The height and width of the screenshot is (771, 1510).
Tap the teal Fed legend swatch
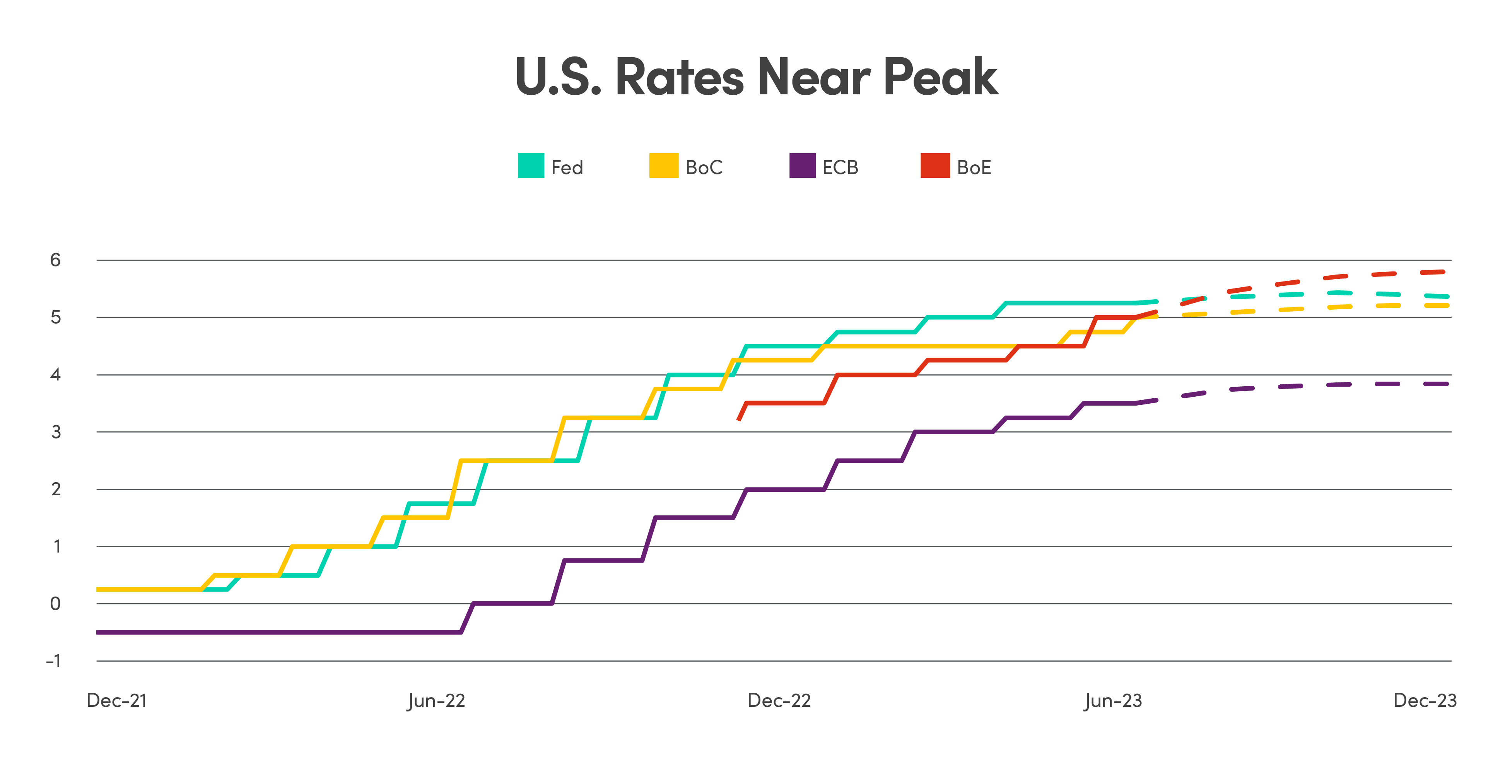click(x=531, y=166)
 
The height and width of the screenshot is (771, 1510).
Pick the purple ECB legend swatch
click(x=802, y=166)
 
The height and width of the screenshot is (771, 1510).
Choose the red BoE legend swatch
click(x=934, y=166)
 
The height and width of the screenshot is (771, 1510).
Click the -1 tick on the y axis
click(x=53, y=661)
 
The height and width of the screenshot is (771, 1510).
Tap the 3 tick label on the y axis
click(x=56, y=432)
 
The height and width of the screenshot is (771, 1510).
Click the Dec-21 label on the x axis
click(x=117, y=700)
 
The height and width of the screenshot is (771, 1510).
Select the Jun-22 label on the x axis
click(x=436, y=700)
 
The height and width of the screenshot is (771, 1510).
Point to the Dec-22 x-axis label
click(x=779, y=700)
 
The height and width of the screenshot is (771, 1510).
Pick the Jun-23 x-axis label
click(x=1112, y=700)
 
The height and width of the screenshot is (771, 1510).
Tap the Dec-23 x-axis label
click(x=1425, y=700)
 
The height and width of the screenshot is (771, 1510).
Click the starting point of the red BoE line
click(x=739, y=420)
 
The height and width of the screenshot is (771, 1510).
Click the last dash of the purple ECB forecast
click(x=1436, y=384)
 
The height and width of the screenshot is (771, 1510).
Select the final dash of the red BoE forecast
click(x=1433, y=272)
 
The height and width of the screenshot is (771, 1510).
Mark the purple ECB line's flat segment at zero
click(x=512, y=604)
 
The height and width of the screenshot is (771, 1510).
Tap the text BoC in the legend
click(x=704, y=167)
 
